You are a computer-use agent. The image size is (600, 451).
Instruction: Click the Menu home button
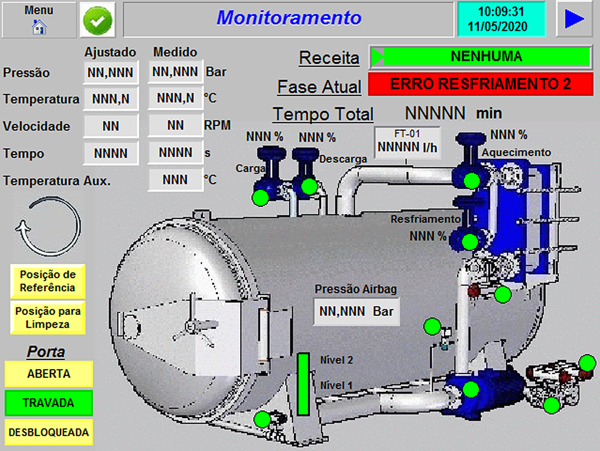point(39,20)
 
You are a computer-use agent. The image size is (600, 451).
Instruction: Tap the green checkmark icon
point(97,20)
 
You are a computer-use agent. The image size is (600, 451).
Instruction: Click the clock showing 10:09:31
point(501,19)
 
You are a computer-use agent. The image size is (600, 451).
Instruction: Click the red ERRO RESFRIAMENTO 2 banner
point(480,84)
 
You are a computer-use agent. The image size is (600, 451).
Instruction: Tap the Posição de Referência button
point(48,281)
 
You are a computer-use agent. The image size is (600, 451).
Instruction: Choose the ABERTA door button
point(49,374)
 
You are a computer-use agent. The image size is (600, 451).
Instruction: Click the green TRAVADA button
point(49,403)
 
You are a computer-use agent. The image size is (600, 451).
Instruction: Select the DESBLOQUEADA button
point(49,432)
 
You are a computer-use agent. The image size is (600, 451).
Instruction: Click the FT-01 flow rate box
point(407,143)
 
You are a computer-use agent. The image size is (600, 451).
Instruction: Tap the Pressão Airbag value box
point(357,312)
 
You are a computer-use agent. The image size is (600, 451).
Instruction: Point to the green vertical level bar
point(303,384)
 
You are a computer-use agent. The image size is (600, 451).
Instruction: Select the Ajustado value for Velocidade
point(111,126)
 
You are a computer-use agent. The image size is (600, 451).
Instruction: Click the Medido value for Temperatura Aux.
point(175,180)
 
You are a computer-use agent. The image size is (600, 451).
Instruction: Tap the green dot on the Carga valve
point(260,198)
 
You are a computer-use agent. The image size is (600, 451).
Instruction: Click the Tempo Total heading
point(323,114)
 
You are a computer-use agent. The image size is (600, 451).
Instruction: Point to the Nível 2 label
point(337,360)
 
